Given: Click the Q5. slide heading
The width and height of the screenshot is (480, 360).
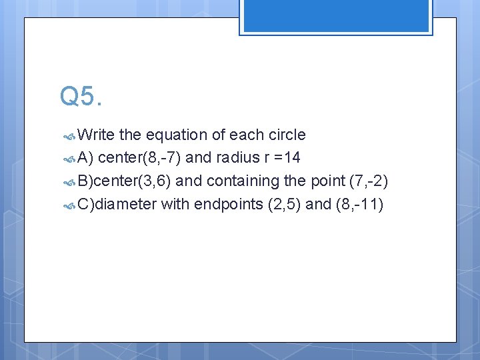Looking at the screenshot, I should point(81,97).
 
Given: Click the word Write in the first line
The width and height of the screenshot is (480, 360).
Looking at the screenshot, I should point(96,135).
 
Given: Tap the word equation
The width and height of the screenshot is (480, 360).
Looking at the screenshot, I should point(177,135).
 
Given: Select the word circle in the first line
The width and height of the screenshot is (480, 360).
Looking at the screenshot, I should point(287,135).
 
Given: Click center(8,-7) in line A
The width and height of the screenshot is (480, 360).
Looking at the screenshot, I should point(139,158).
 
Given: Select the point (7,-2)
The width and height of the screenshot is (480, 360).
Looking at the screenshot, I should point(369,181).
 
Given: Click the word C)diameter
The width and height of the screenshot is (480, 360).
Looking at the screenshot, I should point(117,204).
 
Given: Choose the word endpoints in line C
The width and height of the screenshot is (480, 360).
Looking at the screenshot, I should point(228,204).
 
